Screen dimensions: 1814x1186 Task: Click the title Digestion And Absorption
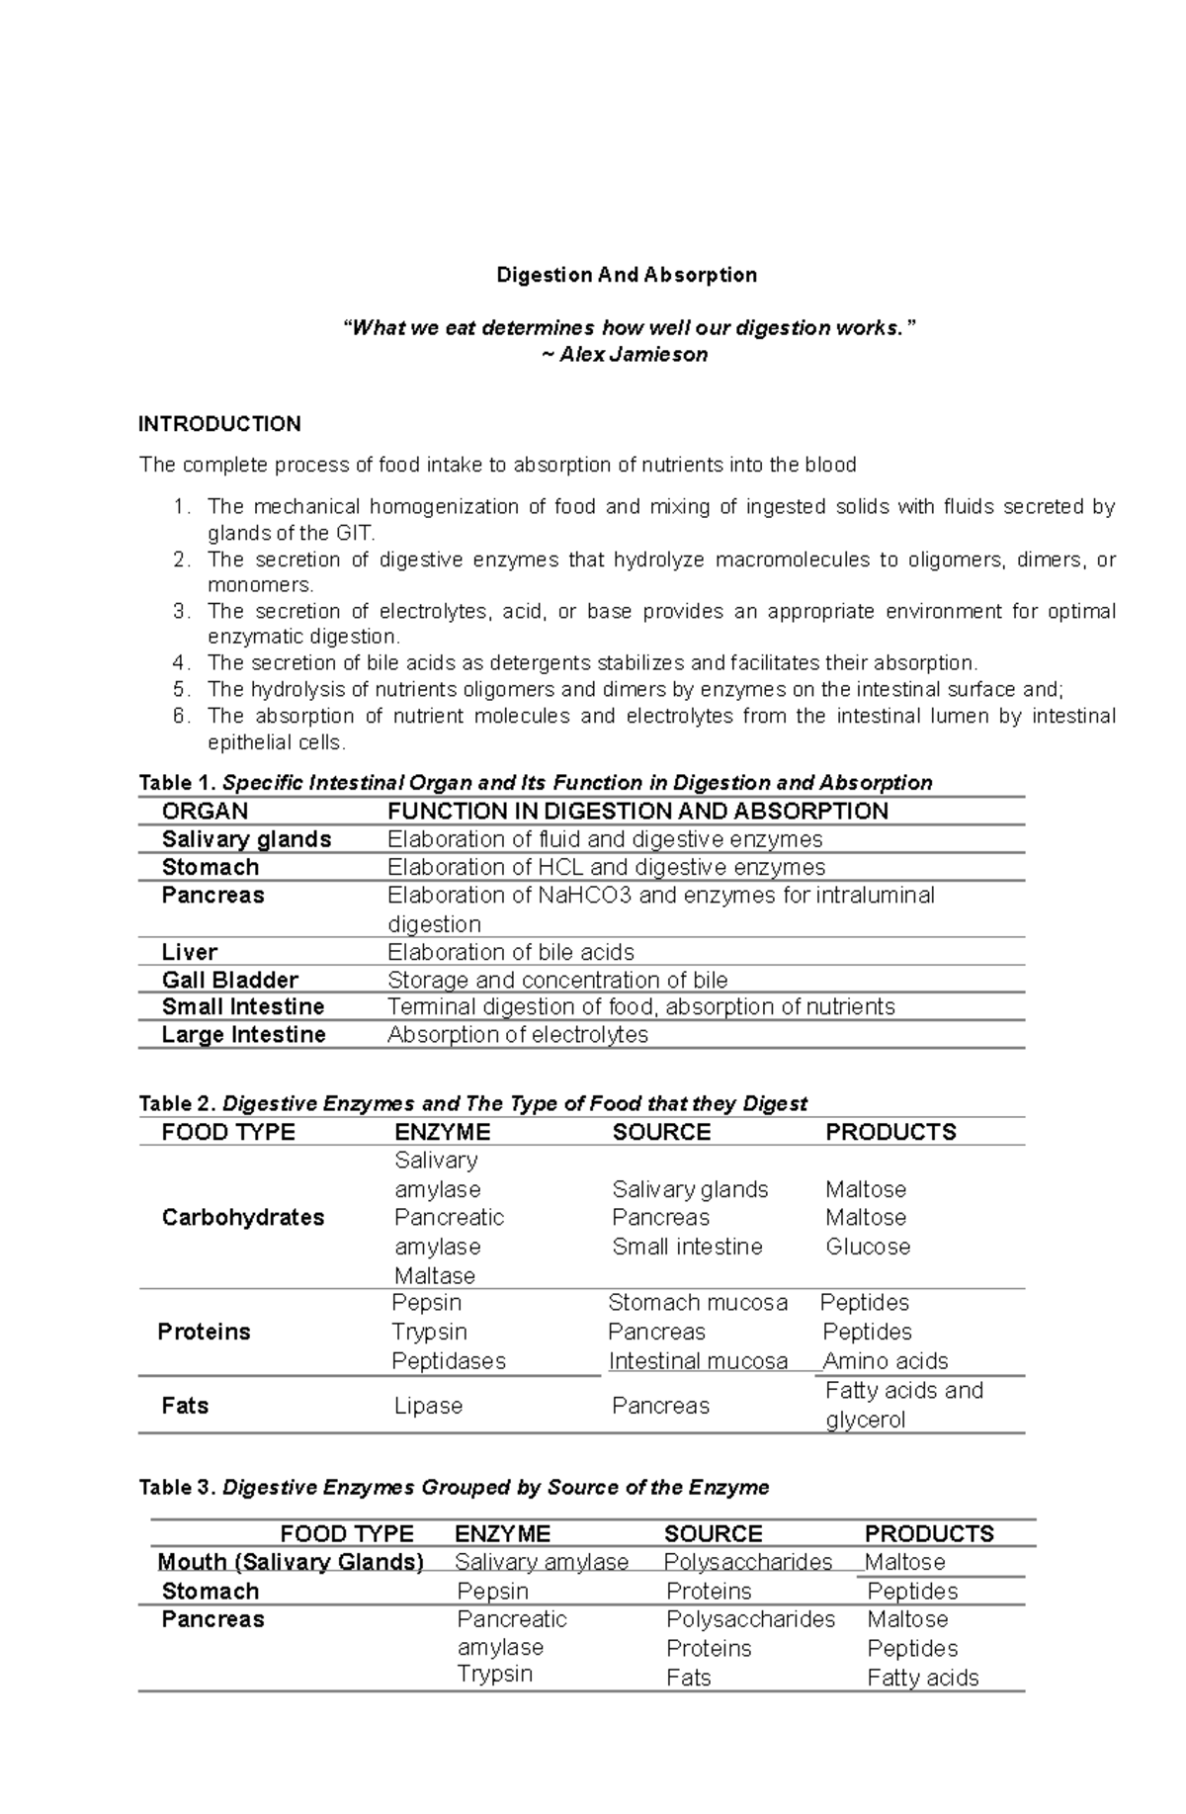tap(626, 275)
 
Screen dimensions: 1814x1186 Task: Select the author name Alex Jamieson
tap(633, 355)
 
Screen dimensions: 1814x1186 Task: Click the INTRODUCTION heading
tap(218, 424)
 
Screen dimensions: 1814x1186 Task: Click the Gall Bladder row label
tap(229, 980)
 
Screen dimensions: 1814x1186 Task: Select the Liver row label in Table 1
tap(189, 952)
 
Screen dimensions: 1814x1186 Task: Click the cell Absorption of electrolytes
tap(517, 1035)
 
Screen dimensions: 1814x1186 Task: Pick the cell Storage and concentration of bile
tap(556, 980)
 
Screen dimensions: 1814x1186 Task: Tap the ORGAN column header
tap(205, 812)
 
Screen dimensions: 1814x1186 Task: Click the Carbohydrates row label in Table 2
tap(242, 1218)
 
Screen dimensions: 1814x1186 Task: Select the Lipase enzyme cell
tap(428, 1406)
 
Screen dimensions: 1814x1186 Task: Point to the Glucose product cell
tap(867, 1247)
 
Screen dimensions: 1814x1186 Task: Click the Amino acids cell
tap(885, 1361)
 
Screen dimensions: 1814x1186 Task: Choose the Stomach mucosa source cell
tap(697, 1303)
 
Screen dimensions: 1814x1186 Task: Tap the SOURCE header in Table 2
tap(660, 1133)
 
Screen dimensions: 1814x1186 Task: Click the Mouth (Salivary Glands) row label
tap(290, 1562)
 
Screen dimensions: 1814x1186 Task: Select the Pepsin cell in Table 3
tap(492, 1592)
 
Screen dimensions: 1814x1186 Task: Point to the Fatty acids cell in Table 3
tap(922, 1678)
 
